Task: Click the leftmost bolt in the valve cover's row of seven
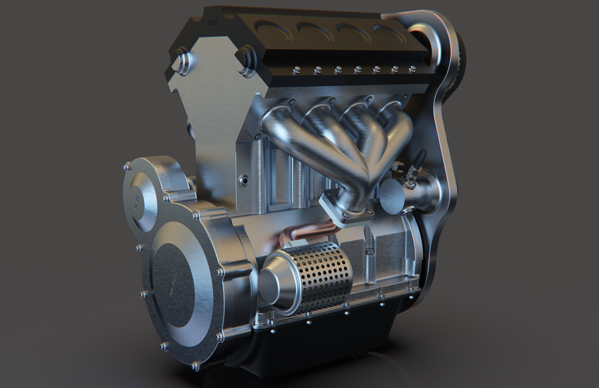[298, 69]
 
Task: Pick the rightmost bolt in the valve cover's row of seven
[412, 69]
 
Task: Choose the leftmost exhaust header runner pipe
[281, 128]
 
